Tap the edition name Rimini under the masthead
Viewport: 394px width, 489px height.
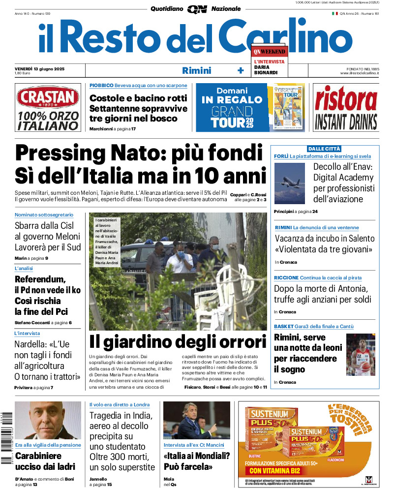(x=196, y=70)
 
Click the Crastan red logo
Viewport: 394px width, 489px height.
(x=48, y=98)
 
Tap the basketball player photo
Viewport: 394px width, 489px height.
(x=361, y=355)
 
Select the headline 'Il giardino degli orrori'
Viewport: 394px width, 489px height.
(x=178, y=341)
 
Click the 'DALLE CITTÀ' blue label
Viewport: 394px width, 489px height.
(x=324, y=149)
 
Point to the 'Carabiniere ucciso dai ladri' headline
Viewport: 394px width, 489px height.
(x=45, y=461)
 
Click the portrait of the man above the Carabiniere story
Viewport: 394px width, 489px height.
(x=48, y=421)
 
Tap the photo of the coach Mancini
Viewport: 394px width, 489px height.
(x=196, y=421)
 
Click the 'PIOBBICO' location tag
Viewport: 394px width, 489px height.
(x=101, y=85)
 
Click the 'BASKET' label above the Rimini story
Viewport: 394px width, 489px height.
(x=284, y=326)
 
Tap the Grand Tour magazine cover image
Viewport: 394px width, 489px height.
(x=289, y=107)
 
